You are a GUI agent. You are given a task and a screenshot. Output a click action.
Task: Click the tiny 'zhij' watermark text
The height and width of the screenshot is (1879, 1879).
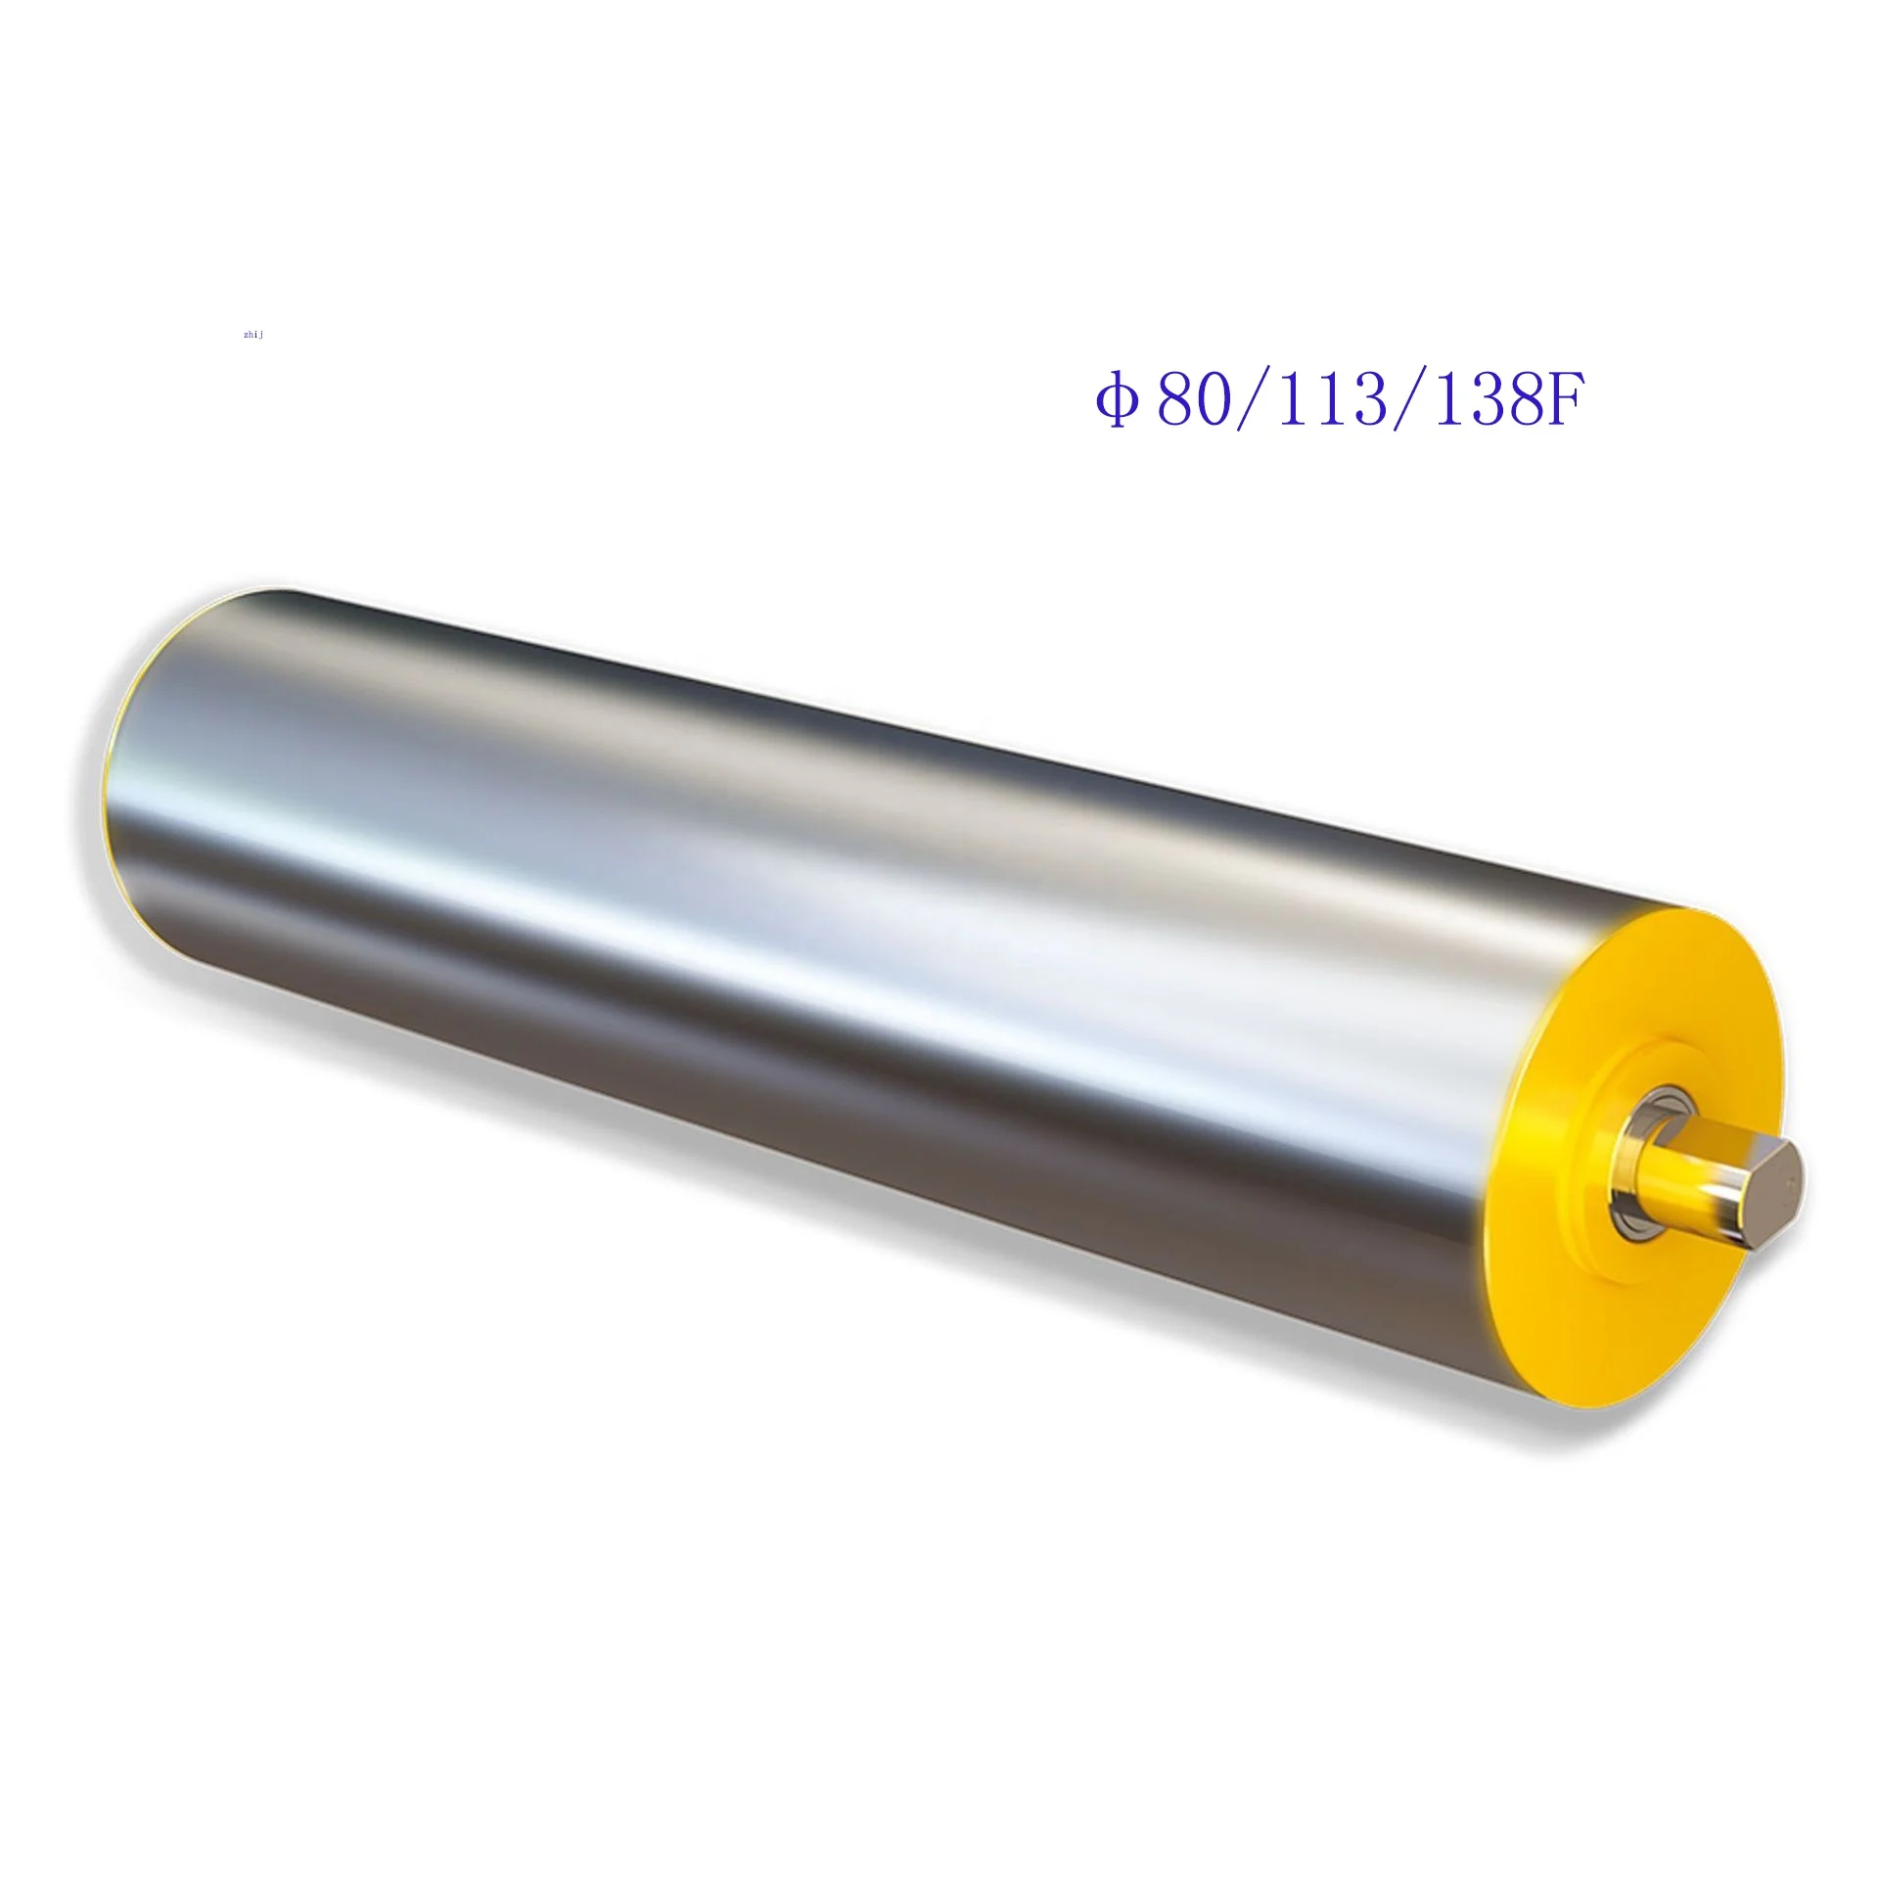pyautogui.click(x=253, y=335)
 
